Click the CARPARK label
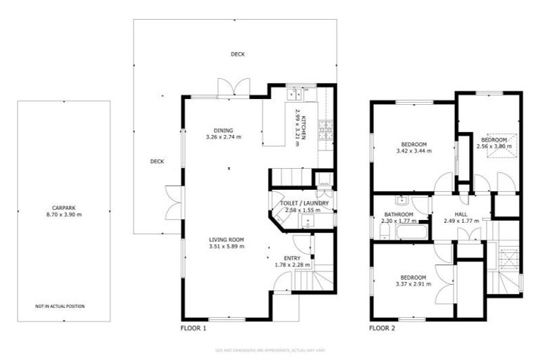[x=63, y=207]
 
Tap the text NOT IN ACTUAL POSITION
[x=60, y=307]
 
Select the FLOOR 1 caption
[x=193, y=328]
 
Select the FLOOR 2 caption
[x=382, y=328]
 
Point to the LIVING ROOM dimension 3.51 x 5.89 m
[x=226, y=247]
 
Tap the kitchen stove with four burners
[x=326, y=130]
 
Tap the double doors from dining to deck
[x=233, y=88]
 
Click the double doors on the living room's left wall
[x=173, y=202]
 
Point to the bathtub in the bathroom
[x=412, y=231]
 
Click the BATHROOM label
[x=397, y=215]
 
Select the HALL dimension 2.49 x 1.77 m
[x=460, y=221]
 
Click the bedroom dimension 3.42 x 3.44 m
[x=413, y=150]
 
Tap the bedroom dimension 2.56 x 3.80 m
[x=492, y=147]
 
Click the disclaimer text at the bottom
[x=270, y=349]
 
